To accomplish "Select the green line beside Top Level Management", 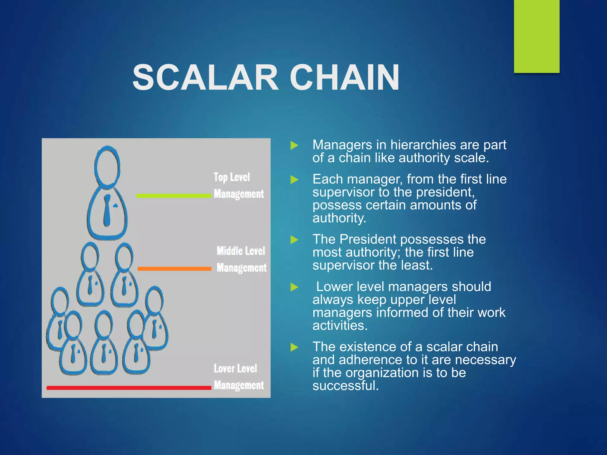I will [x=173, y=196].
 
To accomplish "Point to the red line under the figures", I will [x=129, y=388].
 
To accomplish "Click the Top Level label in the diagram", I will [x=232, y=177].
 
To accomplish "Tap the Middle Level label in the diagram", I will [x=241, y=251].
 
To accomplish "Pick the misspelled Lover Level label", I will [x=235, y=369].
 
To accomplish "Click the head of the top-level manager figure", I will [x=107, y=167].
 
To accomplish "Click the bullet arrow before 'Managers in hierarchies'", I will [x=294, y=145].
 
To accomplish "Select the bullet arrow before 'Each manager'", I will [x=294, y=180].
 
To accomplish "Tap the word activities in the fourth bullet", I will [x=340, y=326].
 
